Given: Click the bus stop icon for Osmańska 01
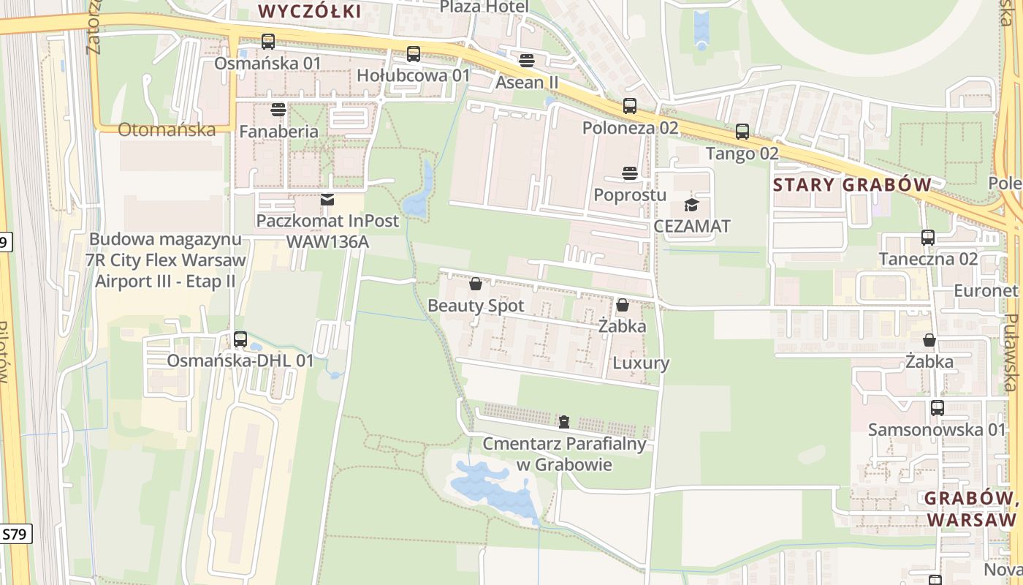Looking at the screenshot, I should click(x=268, y=42).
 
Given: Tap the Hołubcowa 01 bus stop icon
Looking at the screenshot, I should click(x=414, y=53).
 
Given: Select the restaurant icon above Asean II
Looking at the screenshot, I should click(x=527, y=60).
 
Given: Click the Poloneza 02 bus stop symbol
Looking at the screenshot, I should click(x=630, y=106).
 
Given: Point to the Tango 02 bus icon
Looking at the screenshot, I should click(x=742, y=132).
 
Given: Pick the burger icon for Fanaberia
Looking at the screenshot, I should click(x=278, y=110).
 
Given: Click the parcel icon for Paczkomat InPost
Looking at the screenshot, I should click(x=327, y=199).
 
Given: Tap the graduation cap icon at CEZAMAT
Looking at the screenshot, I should click(x=691, y=205).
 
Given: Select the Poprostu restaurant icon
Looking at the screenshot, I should click(x=630, y=173).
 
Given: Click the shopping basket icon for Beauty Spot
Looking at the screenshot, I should click(x=476, y=284).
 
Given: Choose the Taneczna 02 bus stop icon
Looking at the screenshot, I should click(x=928, y=238).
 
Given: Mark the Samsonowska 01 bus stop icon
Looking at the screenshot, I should click(x=938, y=408).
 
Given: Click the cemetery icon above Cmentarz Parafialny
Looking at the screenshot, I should click(x=564, y=421).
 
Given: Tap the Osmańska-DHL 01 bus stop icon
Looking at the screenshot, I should click(x=240, y=339).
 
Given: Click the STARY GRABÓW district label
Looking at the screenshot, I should click(x=852, y=184).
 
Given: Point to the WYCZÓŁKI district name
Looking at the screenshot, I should click(x=311, y=11).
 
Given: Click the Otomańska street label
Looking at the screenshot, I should click(x=167, y=130).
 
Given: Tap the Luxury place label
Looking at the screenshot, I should click(x=641, y=363).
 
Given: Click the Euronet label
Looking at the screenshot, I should click(x=986, y=291).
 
